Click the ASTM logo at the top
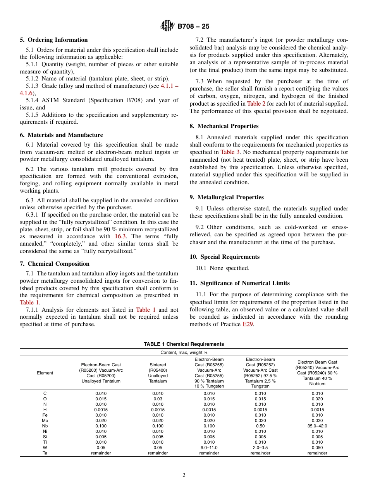pos(167,26)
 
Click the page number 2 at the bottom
pos(184,475)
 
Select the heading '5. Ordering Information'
pos(54,40)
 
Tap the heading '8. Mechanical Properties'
pos(224,126)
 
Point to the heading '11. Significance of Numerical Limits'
pos(240,283)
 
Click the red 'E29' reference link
pos(248,324)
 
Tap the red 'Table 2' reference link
pos(256,104)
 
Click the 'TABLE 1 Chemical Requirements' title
pos(184,344)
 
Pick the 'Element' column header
pos(45,373)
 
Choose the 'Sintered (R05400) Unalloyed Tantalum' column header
pos(158,373)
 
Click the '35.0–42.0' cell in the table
pos(317,426)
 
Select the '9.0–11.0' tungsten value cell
pos(209,448)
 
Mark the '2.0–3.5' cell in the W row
pos(260,448)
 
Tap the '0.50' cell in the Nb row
pos(260,426)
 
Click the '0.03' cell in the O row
pos(158,399)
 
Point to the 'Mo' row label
pos(45,420)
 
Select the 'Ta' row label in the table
pos(45,453)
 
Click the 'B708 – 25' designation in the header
pos(193,27)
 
